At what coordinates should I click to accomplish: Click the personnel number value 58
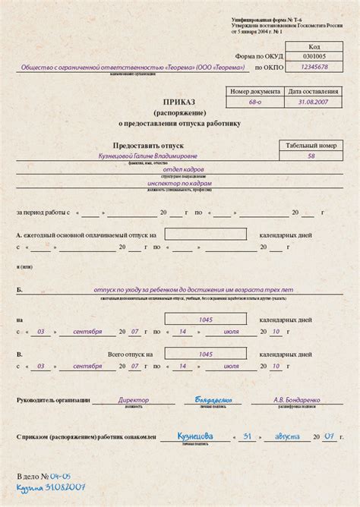[x=311, y=156]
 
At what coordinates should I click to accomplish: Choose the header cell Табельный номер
[x=311, y=143]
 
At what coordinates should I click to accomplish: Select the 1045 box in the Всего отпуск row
[x=205, y=354]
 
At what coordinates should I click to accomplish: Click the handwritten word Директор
[x=134, y=399]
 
